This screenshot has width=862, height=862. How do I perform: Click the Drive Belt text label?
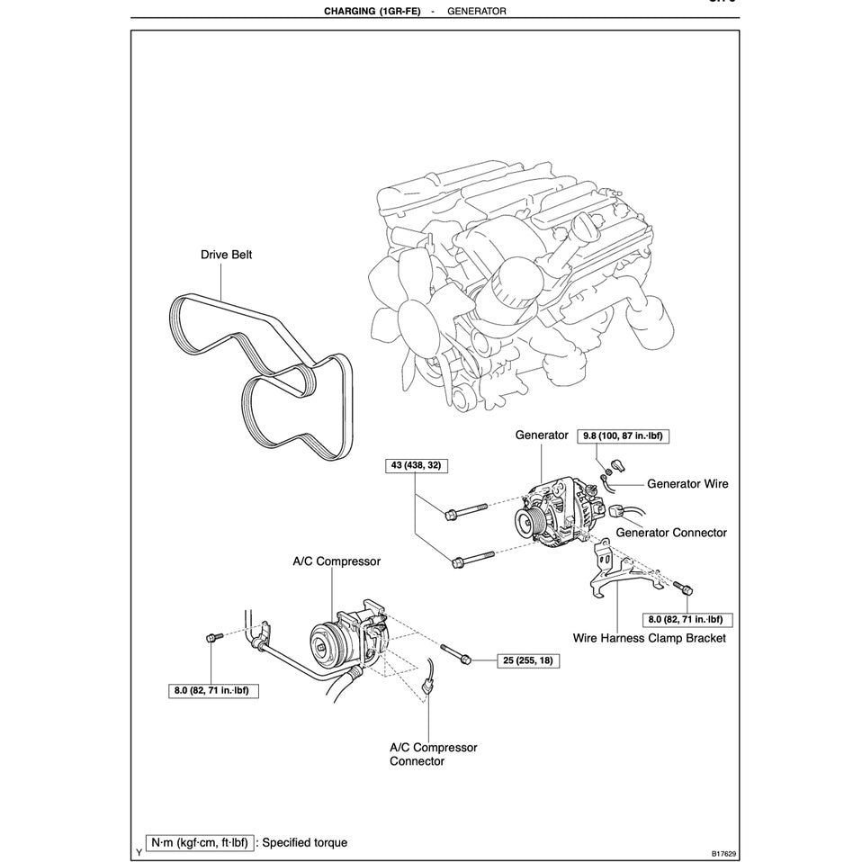226,255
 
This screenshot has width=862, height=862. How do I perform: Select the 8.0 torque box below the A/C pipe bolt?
211,691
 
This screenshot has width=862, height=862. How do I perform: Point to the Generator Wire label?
687,484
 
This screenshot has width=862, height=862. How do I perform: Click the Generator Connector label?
670,533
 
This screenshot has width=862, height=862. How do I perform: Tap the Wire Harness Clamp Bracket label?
649,639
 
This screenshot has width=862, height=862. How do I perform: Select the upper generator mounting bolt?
462,514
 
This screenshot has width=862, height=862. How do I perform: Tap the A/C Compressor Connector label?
433,754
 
